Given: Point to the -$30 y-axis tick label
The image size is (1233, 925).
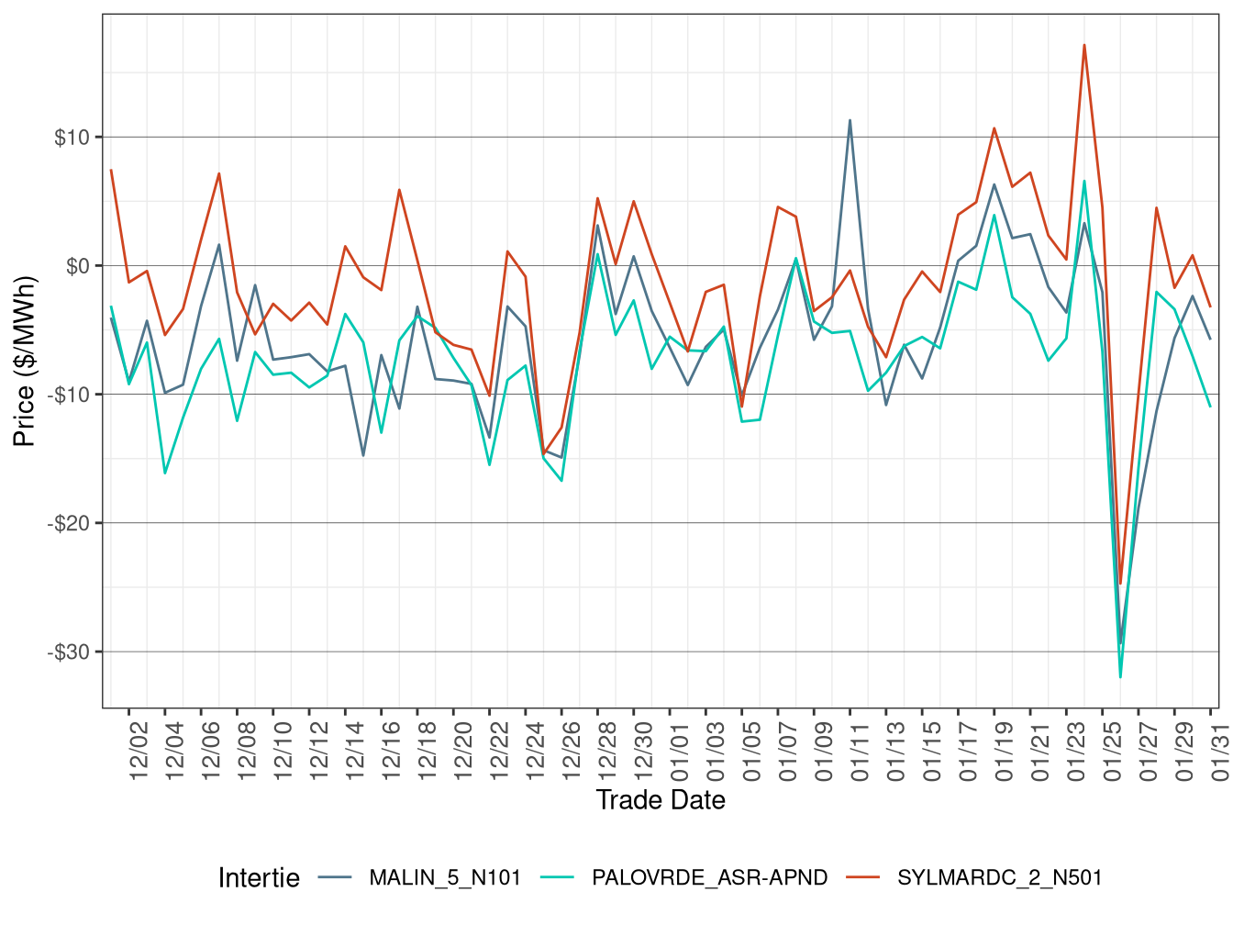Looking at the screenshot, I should click(68, 652).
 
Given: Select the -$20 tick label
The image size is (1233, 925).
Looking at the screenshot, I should click(68, 523).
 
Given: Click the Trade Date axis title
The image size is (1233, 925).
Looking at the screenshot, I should click(661, 800).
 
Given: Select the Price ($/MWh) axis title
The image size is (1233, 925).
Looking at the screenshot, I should click(25, 361).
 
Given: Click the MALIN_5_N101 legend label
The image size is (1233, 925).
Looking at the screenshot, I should click(444, 877).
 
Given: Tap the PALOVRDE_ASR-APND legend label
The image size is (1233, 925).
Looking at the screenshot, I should click(709, 877).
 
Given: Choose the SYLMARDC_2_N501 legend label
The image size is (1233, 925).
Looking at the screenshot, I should click(999, 877).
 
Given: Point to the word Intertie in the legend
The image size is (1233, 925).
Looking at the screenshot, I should click(259, 878).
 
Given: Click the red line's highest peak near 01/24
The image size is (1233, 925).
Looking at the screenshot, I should click(1084, 45).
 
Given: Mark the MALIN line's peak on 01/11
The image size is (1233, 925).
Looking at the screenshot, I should click(850, 120).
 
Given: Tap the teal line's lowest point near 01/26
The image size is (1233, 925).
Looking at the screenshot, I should click(1120, 677).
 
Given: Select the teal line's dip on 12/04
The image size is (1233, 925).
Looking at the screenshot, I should click(165, 474).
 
